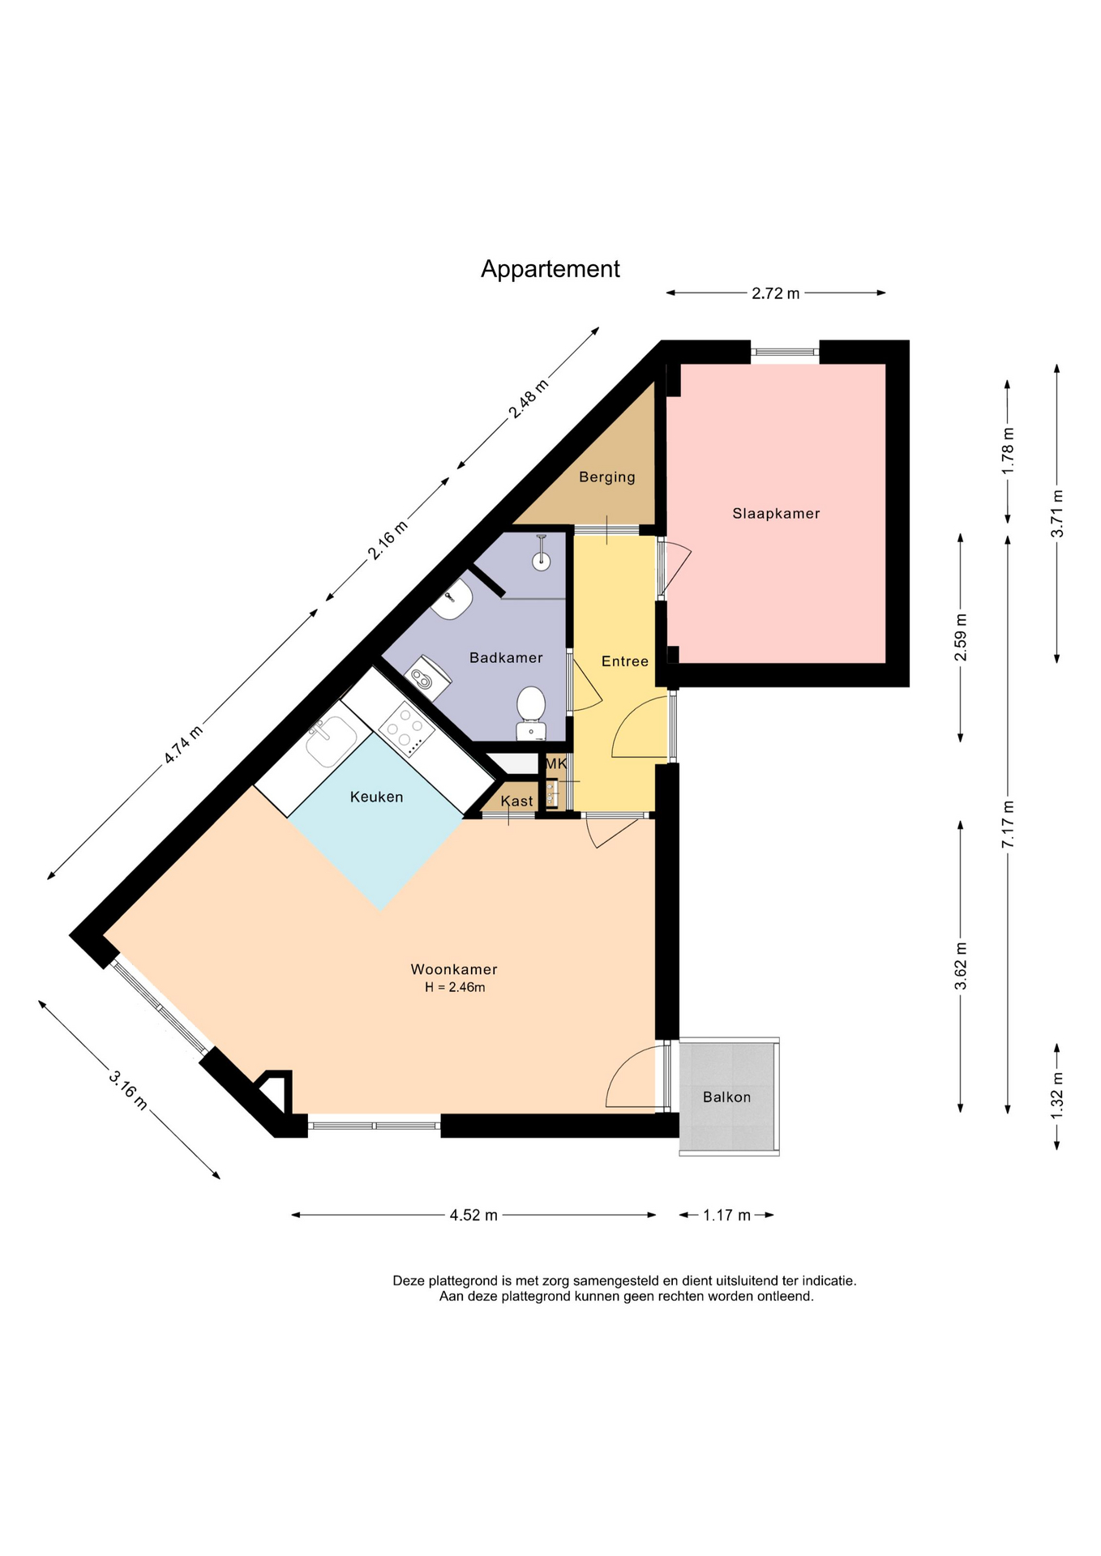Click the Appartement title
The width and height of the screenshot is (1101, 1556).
[550, 269]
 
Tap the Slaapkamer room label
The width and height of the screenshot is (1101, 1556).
[776, 513]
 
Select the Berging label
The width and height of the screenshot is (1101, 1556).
[606, 477]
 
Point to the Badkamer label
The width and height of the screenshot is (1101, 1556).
[506, 657]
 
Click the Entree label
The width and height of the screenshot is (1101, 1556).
[624, 661]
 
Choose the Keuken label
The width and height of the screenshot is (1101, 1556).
[376, 797]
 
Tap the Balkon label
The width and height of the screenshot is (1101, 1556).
[726, 1096]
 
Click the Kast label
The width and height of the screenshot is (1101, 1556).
[516, 801]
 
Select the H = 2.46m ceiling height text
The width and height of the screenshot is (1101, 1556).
[455, 987]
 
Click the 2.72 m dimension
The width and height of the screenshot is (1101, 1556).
[775, 293]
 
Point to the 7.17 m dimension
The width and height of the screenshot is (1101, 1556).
[1008, 824]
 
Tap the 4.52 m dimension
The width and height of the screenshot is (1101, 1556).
[473, 1215]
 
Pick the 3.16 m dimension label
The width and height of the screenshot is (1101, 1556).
[129, 1090]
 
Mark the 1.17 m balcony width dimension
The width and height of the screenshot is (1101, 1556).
[726, 1215]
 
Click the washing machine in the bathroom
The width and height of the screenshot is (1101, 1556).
[427, 678]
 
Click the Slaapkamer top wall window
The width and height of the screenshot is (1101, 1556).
[785, 352]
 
